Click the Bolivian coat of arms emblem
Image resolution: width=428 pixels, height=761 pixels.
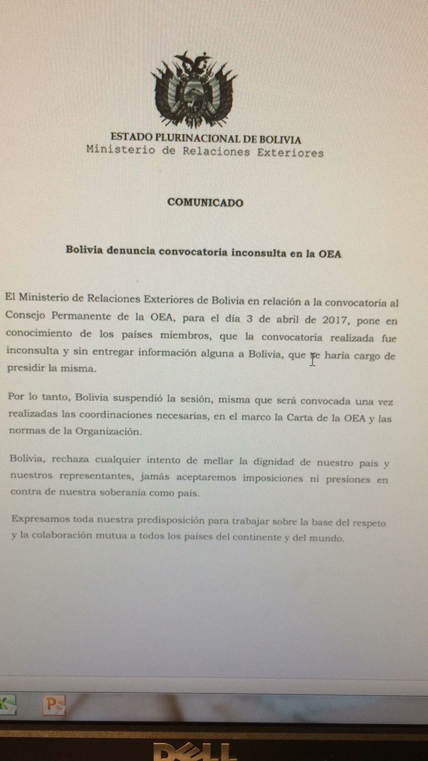(x=194, y=90)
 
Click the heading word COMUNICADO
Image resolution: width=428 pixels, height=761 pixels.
(x=205, y=202)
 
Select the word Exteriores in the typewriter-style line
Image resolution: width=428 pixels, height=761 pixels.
(x=290, y=153)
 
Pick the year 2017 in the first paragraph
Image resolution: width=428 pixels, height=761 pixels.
(x=336, y=320)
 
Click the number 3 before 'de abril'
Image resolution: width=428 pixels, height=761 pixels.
(x=249, y=319)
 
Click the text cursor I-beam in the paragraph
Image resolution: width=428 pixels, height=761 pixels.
(x=312, y=359)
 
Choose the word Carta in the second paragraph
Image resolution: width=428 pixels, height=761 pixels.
(x=298, y=417)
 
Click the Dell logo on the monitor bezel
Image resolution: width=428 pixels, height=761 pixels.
(x=195, y=751)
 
